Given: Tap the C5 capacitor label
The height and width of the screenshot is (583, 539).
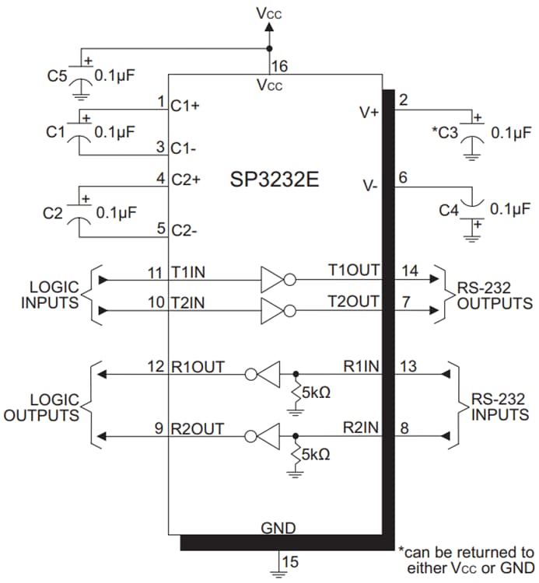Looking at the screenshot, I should click(x=57, y=75).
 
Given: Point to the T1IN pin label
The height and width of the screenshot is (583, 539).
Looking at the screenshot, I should click(x=189, y=273).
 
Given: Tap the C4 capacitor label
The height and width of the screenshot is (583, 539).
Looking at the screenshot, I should click(x=449, y=210).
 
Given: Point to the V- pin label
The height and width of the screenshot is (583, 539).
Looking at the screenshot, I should click(x=370, y=186).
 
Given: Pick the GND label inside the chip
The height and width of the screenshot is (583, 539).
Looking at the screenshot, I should click(x=278, y=529).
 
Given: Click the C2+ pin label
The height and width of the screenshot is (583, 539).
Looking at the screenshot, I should click(x=186, y=179).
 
